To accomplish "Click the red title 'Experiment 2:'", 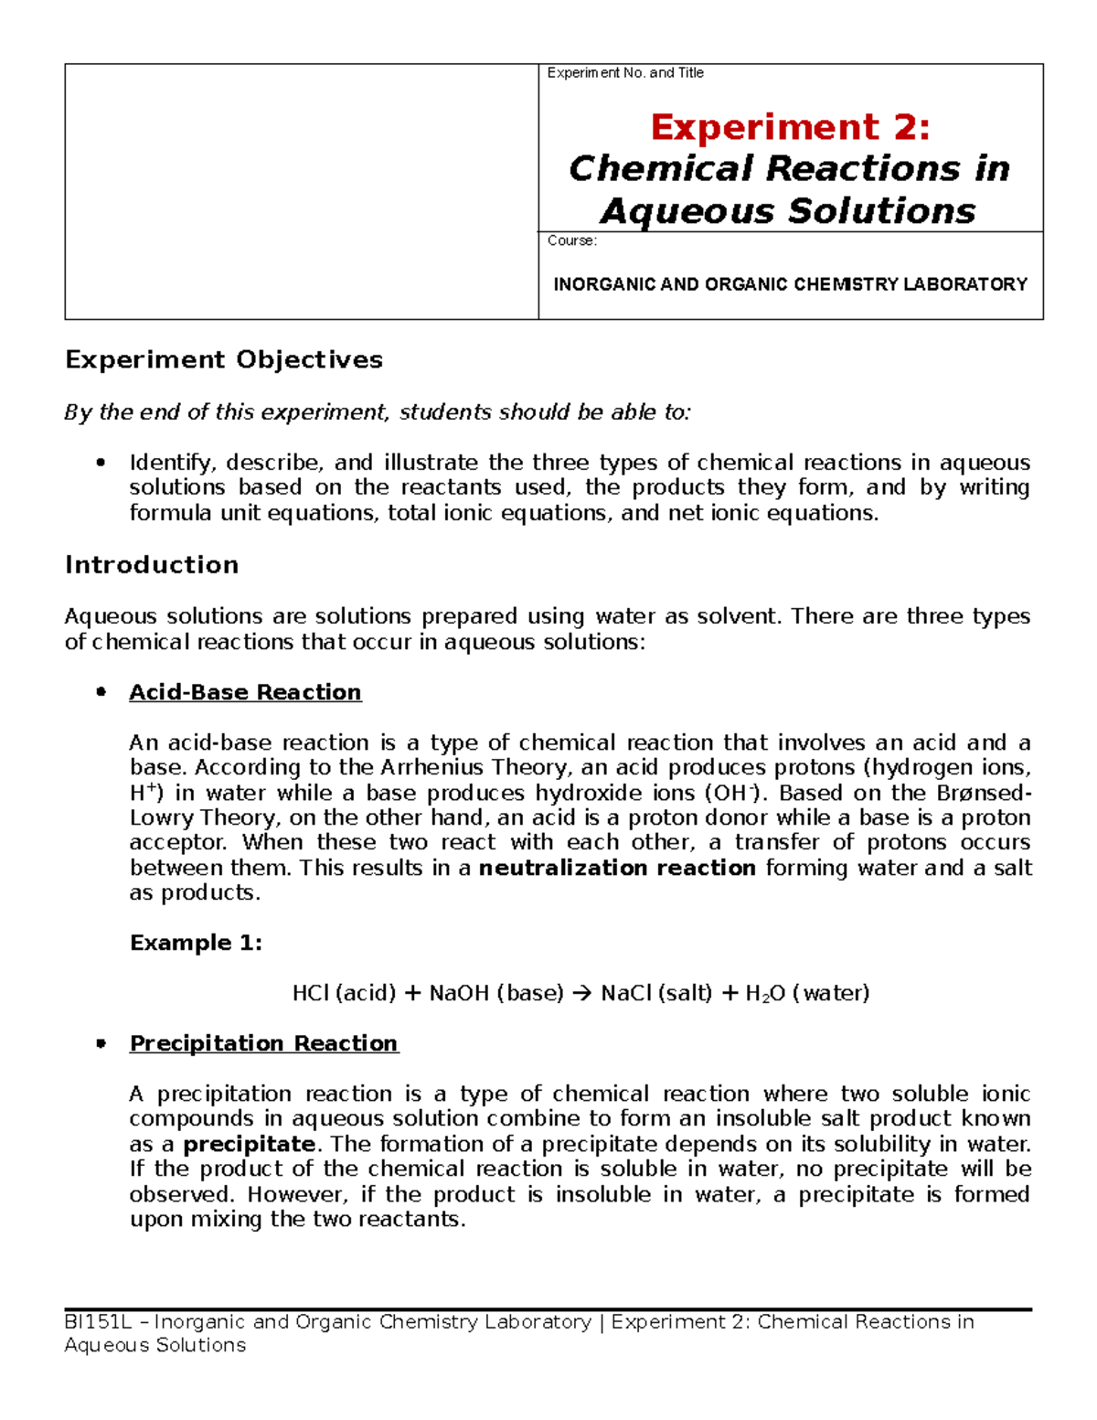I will (790, 127).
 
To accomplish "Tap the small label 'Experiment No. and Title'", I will (625, 73).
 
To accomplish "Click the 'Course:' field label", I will (571, 240).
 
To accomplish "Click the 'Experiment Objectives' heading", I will (224, 359).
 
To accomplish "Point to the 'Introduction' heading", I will (152, 565).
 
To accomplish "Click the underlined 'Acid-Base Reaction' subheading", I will (245, 692).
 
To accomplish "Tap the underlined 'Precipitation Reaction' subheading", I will (263, 1043).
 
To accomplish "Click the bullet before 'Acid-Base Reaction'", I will (101, 692).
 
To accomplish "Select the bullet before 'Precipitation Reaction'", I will (101, 1043).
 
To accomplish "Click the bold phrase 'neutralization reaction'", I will (617, 868).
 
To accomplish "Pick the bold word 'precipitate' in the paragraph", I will (249, 1144).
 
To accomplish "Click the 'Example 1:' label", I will (196, 943).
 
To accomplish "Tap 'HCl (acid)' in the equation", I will (344, 993).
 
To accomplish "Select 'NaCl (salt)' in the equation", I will (655, 993).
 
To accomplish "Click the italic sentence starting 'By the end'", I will (377, 412).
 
